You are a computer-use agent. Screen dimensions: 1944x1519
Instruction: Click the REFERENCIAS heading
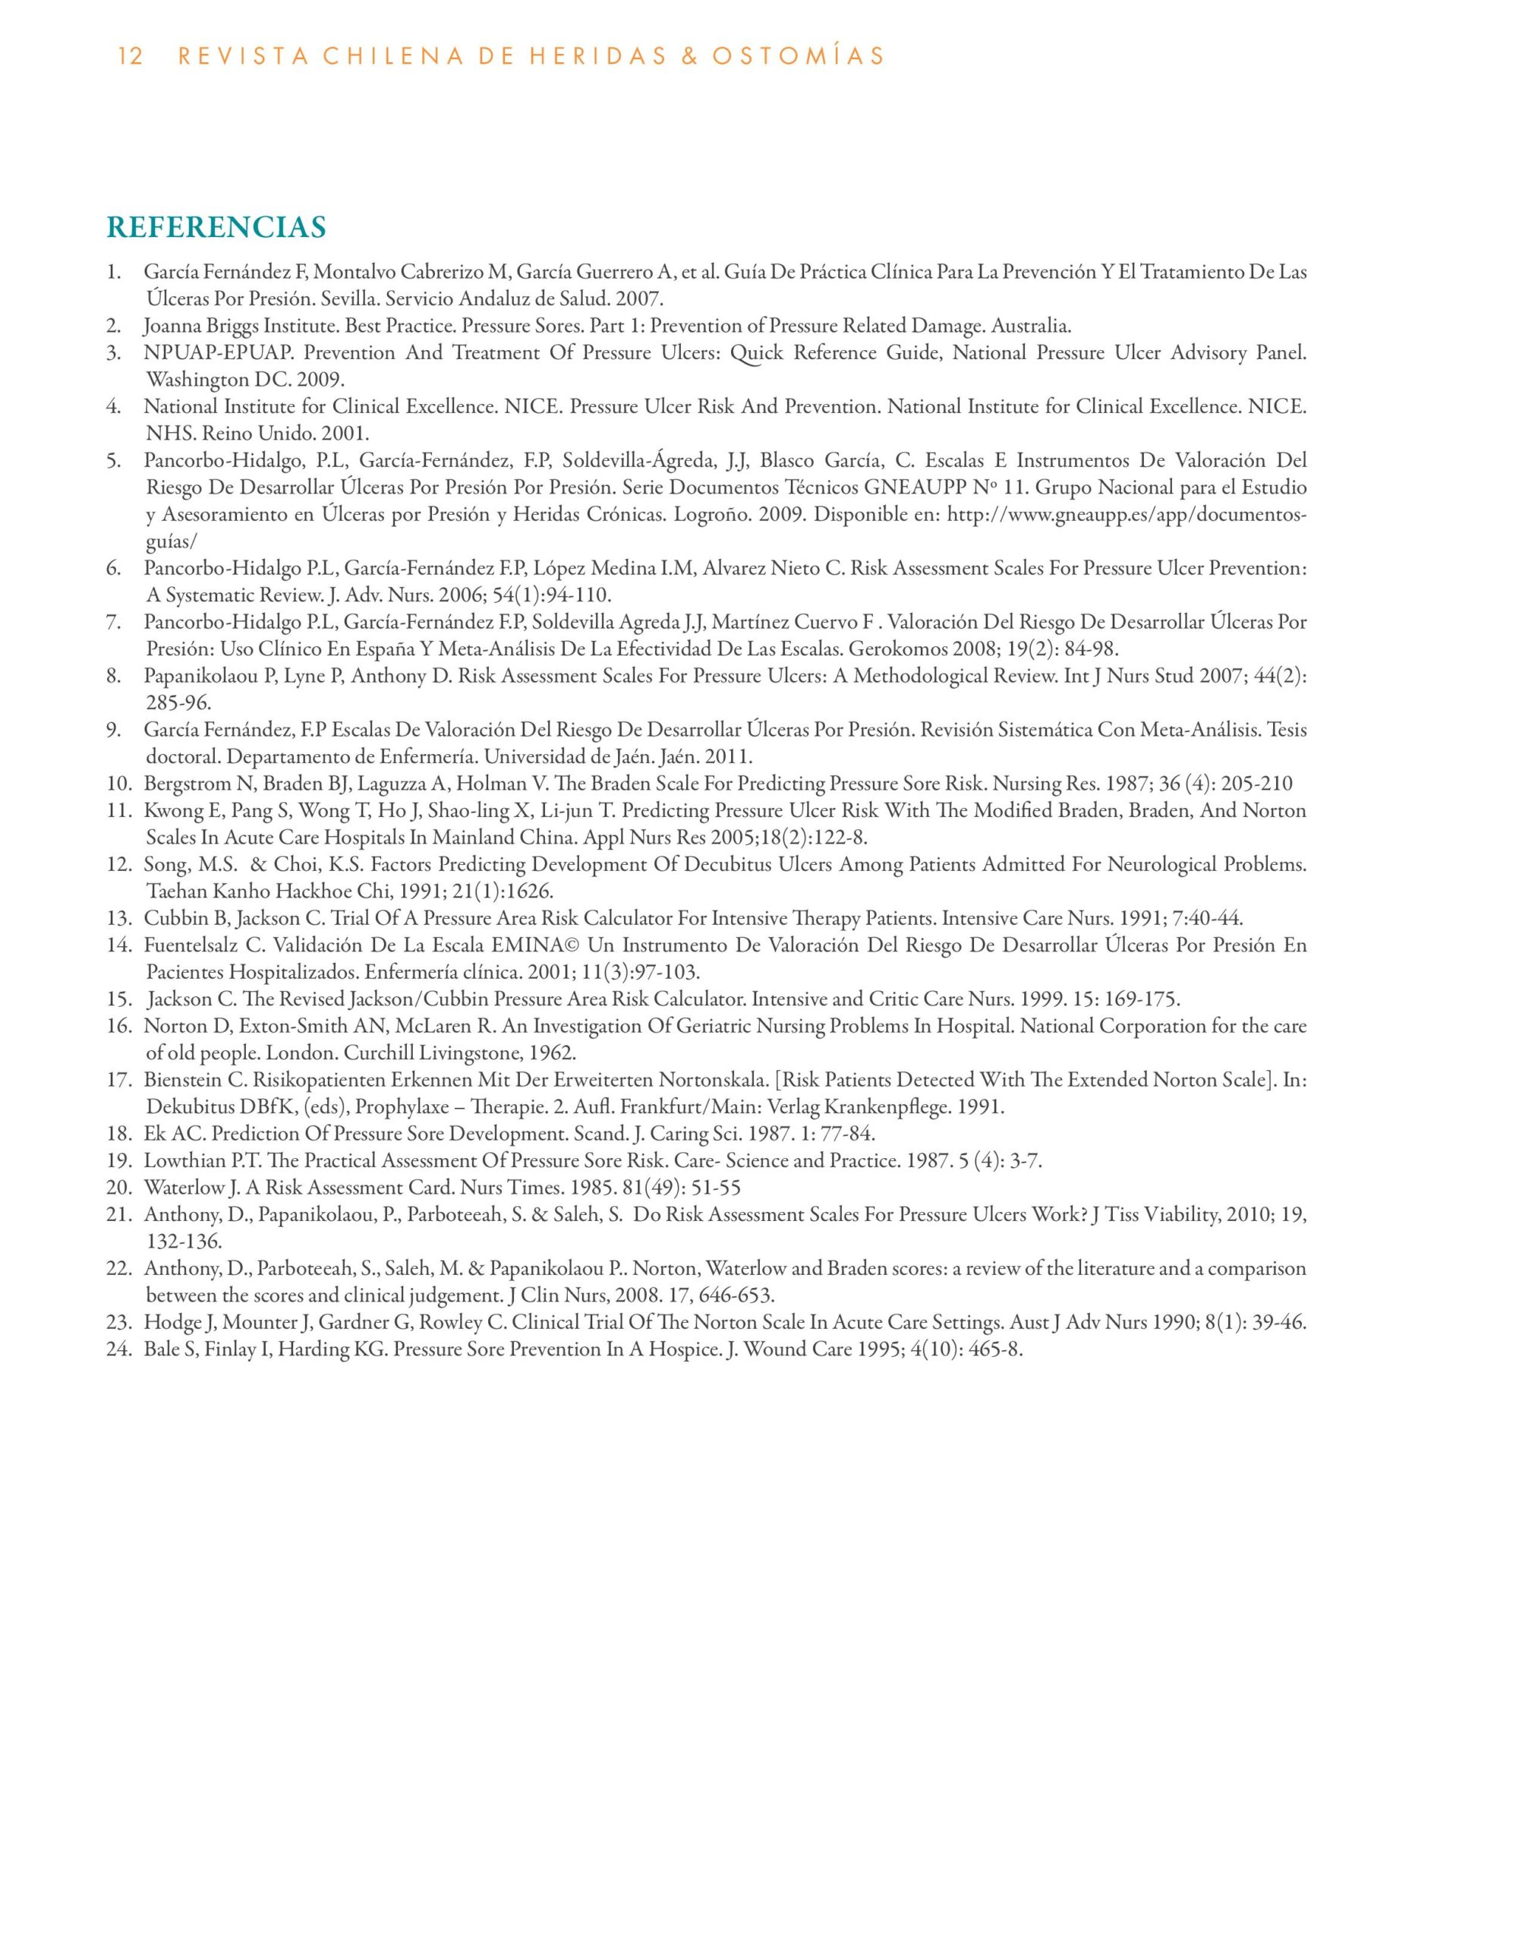pyautogui.click(x=216, y=228)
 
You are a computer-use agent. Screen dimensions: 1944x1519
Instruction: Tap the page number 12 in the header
pyautogui.click(x=130, y=57)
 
